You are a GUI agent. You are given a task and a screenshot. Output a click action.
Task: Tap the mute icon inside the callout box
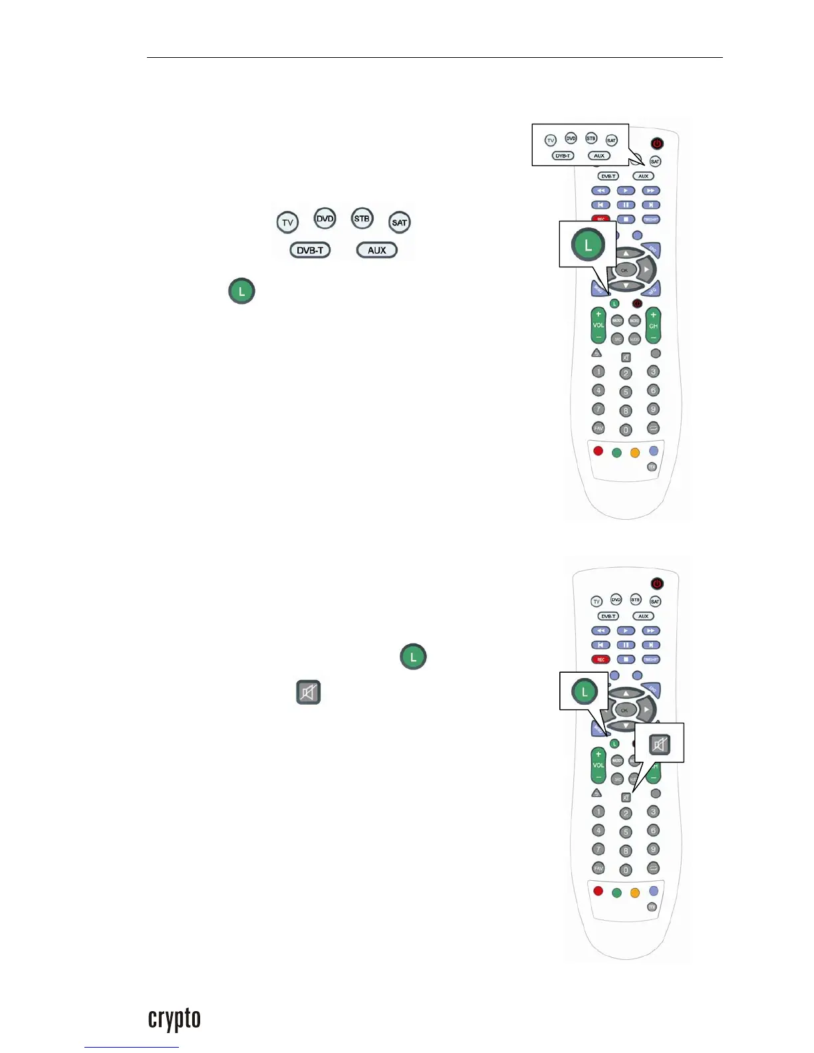(659, 745)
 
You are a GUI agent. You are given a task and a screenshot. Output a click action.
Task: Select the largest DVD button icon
(325, 219)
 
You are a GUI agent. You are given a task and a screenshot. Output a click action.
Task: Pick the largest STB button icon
(362, 219)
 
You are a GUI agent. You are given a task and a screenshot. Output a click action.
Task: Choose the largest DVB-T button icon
(310, 251)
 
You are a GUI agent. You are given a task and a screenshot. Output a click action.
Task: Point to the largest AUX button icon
(377, 251)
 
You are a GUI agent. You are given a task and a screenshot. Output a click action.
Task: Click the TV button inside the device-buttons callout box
(551, 140)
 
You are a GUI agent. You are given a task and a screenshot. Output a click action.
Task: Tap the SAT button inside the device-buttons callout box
(611, 140)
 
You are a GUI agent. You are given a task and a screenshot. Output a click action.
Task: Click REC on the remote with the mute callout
(601, 659)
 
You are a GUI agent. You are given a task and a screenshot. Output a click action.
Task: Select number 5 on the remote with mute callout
(626, 832)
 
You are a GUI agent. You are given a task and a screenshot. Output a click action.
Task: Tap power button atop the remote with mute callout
(657, 584)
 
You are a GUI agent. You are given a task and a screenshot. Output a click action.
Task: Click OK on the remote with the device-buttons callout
(624, 270)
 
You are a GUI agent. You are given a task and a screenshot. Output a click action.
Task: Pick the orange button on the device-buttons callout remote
(635, 453)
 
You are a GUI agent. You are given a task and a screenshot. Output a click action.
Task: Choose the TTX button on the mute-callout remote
(652, 907)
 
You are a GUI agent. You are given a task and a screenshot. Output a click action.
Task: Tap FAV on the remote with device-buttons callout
(599, 428)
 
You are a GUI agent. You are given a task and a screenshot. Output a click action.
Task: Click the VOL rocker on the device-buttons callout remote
(599, 325)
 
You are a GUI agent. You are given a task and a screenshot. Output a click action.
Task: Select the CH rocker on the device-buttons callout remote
(653, 325)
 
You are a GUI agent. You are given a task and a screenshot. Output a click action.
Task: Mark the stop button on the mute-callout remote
(626, 659)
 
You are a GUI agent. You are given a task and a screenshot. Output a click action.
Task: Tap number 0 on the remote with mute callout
(626, 870)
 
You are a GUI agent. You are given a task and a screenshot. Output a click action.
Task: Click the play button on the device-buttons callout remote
(626, 191)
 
